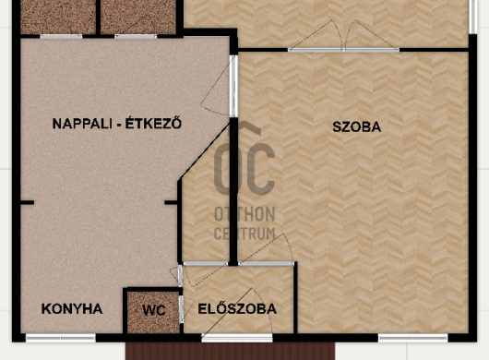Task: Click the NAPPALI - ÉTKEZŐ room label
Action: tap(117, 123)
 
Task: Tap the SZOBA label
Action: tap(357, 127)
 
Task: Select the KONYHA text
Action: tap(72, 309)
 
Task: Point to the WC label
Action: tap(154, 310)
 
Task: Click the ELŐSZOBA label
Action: tap(237, 309)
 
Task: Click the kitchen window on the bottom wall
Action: tap(61, 338)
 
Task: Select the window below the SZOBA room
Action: tap(413, 338)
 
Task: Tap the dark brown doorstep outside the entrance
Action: tap(230, 351)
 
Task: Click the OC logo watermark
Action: tap(244, 158)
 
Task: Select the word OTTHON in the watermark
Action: tap(244, 214)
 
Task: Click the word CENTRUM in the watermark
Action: tap(244, 234)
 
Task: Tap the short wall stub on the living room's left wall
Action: tap(27, 203)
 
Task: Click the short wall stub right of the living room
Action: tap(171, 203)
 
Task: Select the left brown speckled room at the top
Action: tap(58, 17)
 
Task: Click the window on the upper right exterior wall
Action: tap(473, 17)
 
